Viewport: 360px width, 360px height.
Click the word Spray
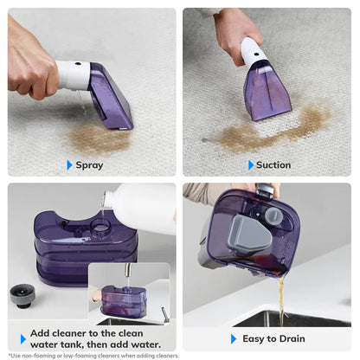(x=89, y=164)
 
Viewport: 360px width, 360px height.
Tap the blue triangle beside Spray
(x=69, y=164)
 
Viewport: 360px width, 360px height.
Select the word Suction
(x=273, y=164)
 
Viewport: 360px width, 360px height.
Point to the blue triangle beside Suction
(x=251, y=164)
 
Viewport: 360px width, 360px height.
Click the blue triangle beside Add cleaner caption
(x=22, y=338)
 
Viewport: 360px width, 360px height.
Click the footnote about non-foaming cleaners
(x=93, y=356)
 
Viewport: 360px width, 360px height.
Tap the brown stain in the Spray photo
(x=96, y=137)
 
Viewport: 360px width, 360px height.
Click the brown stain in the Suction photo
(x=268, y=128)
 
